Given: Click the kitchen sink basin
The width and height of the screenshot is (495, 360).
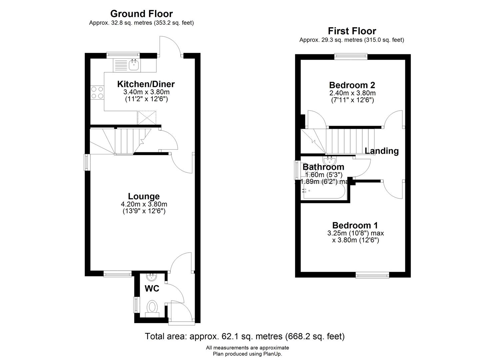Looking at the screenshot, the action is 134,65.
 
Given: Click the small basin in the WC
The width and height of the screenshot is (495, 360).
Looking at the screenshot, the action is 151,277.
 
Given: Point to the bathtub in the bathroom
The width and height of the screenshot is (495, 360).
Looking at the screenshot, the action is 324,191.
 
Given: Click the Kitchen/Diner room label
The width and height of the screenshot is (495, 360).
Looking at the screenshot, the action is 146,84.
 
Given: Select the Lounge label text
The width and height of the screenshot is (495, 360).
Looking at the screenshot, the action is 144,196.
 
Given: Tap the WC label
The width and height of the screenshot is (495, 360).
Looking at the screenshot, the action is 152,288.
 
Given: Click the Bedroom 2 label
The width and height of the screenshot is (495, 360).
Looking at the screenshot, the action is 352,85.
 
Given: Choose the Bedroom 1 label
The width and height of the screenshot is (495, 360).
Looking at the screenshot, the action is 355,225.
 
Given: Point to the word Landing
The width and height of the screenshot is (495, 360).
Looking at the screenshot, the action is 382,151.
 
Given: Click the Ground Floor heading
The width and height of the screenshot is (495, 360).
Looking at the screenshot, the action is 141,14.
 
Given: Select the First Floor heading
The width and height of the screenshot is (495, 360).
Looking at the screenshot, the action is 352,31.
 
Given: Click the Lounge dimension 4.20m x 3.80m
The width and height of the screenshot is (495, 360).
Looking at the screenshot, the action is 144,204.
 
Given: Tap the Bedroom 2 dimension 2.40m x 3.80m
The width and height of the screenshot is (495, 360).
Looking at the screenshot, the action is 352,93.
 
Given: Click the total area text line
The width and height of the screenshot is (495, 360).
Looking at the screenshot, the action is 245,336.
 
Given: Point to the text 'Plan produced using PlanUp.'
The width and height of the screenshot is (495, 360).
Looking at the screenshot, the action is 247,354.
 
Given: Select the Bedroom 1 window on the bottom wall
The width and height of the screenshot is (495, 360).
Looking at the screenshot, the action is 372,275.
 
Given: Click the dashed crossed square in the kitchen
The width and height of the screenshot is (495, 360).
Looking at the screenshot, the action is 147,118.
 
